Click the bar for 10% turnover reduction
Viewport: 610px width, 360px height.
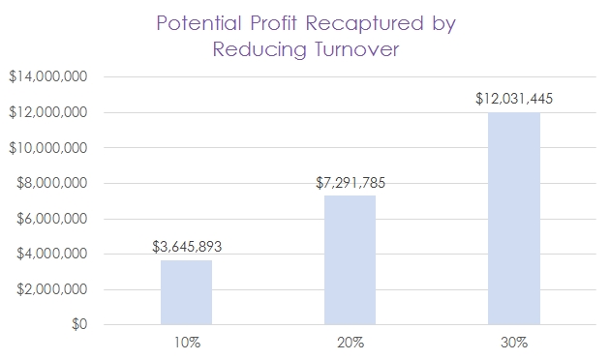(x=186, y=292)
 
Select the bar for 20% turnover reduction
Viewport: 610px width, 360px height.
(x=350, y=259)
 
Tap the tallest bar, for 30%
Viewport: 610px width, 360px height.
(x=513, y=219)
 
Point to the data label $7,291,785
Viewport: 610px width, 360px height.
(x=351, y=182)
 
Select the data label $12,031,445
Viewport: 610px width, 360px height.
(x=514, y=99)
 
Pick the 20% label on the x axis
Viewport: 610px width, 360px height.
(x=351, y=342)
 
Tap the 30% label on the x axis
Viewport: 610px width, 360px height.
(x=514, y=342)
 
